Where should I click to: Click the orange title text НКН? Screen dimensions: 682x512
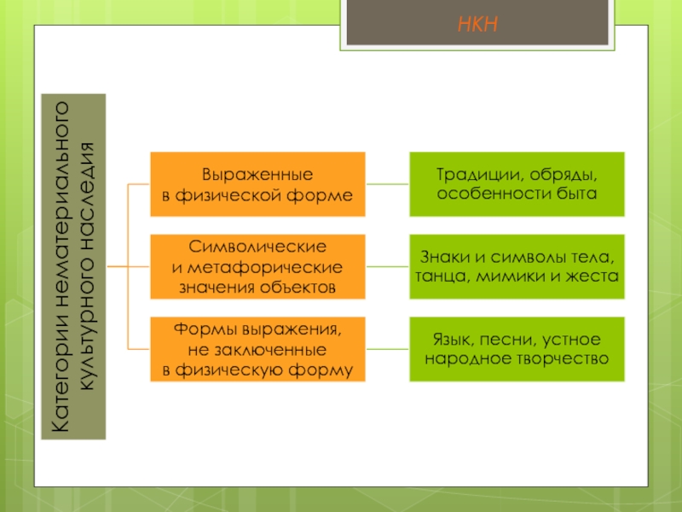477,24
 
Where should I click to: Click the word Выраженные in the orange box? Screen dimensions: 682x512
257,175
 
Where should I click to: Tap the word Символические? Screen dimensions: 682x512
257,247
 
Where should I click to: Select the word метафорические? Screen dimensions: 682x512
265,267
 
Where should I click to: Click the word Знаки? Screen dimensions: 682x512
445,258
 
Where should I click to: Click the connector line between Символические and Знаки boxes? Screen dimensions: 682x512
387,266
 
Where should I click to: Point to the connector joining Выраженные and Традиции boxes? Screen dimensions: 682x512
387,184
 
